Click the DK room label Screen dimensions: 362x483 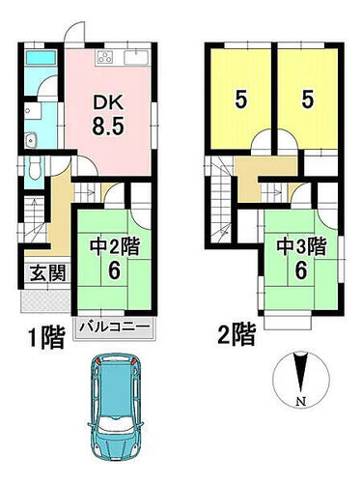(x=108, y=103)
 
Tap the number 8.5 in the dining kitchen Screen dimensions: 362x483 (x=108, y=126)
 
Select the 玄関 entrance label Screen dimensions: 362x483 (x=48, y=273)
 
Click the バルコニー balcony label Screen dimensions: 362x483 (x=115, y=327)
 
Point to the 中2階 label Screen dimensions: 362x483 (x=114, y=248)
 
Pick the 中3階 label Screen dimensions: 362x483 (x=302, y=246)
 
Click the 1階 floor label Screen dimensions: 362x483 (x=46, y=337)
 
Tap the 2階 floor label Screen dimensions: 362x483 (x=237, y=334)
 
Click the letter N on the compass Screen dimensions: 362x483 (x=301, y=402)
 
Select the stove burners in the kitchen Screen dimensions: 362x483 (x=105, y=58)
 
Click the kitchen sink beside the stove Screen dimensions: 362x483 (x=135, y=58)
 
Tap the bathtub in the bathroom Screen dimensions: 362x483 (x=41, y=58)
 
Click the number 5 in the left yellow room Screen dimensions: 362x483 (x=241, y=99)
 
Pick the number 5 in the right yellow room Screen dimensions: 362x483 (x=308, y=99)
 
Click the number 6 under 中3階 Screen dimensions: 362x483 (x=300, y=270)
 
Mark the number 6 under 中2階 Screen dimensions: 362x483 (x=114, y=270)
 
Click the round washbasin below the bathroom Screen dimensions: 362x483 (x=31, y=140)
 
